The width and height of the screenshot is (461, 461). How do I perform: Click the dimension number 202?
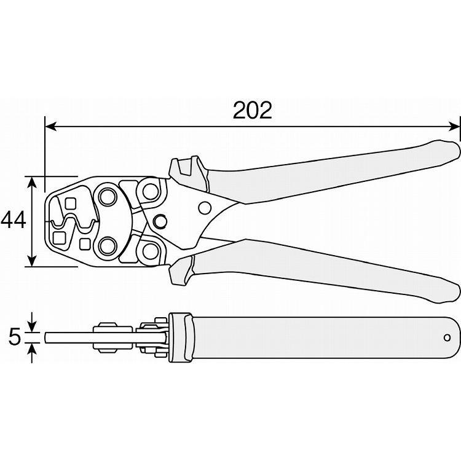[x=252, y=111]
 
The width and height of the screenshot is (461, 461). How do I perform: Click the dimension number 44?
[x=13, y=220]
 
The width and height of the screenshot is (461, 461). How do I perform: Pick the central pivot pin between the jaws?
[x=160, y=221]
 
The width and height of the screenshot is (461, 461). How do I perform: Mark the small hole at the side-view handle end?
[x=447, y=337]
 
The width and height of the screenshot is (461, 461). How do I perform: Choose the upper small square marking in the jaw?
[x=69, y=203]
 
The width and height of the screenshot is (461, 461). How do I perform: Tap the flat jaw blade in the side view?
[x=68, y=337]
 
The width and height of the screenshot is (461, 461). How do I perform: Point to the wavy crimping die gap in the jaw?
[x=73, y=223]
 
